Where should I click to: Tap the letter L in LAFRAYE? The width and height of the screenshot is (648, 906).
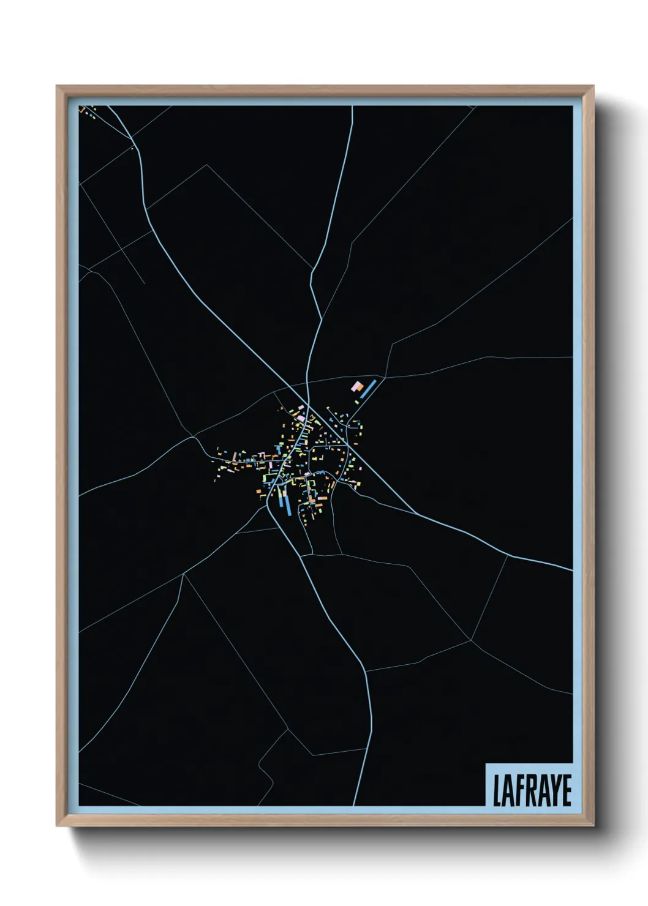(x=497, y=790)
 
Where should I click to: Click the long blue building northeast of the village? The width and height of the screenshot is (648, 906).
(x=368, y=389)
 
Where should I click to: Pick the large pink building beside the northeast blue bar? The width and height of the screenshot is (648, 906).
(x=356, y=386)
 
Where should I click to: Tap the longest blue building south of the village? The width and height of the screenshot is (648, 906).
(x=284, y=503)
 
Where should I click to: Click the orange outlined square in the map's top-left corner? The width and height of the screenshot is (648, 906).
(x=82, y=110)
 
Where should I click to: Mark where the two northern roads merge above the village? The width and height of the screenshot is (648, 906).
(x=320, y=319)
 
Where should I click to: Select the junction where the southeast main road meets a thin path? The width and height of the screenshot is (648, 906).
(x=508, y=555)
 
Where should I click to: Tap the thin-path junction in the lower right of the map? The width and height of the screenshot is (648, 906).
(x=470, y=640)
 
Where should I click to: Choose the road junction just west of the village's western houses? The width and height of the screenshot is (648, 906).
(x=194, y=436)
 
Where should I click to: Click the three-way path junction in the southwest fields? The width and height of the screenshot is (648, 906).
(x=184, y=574)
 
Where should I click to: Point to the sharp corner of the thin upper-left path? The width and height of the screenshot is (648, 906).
(x=208, y=165)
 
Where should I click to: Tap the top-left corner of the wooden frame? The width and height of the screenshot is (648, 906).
(x=57, y=86)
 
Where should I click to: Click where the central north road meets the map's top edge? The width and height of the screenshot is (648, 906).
(x=353, y=107)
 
